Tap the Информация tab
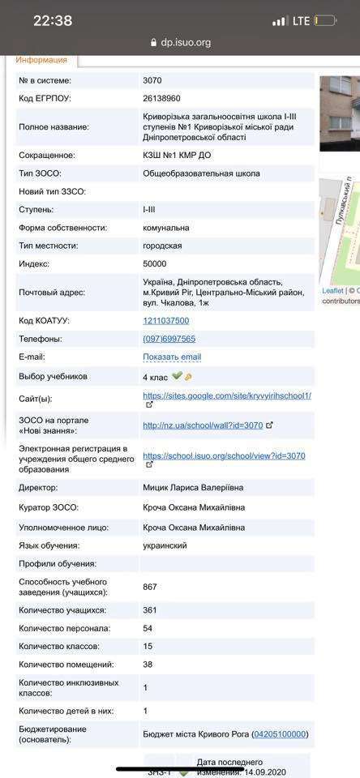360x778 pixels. pos(41,59)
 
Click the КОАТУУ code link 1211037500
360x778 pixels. pos(165,321)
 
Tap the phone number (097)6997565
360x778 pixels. pos(169,339)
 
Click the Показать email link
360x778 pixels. pos(172,357)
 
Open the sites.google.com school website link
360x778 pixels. pos(226,395)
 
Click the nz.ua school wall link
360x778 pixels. pos(203,425)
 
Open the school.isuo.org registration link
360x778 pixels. pos(224,455)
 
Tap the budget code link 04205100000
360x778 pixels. pos(280,734)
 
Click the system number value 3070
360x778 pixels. pos(152,81)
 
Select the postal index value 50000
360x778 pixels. pos(155,263)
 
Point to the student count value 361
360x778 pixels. pos(150,610)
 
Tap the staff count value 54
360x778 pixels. pos(148,628)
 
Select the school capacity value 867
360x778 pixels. pos(150,587)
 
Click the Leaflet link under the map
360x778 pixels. pos(332,290)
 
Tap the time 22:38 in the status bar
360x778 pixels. pos(53,21)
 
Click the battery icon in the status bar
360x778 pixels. pos(326,21)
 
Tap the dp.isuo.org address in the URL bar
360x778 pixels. pos(186,42)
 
